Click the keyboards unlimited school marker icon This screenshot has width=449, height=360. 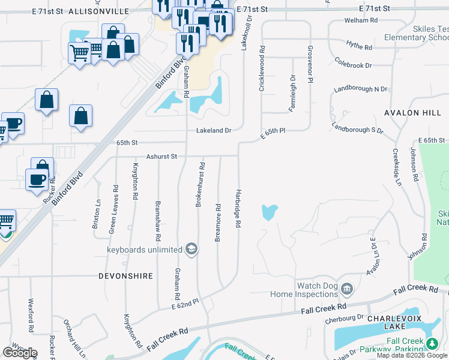[191, 249]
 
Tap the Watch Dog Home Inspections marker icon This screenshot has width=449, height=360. [346, 290]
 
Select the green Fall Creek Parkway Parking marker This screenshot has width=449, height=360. [432, 343]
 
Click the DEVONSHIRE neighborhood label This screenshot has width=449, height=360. [125, 276]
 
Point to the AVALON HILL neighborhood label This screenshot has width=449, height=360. [412, 112]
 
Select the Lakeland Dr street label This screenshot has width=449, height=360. [213, 130]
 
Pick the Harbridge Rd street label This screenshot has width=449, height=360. [238, 207]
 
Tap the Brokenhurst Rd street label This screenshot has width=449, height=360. [202, 185]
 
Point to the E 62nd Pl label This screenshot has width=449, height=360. [185, 306]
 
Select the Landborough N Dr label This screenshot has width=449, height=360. [360, 89]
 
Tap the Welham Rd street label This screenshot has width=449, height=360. [361, 20]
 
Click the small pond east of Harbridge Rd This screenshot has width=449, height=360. [270, 212]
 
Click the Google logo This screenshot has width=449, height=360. [20, 353]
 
